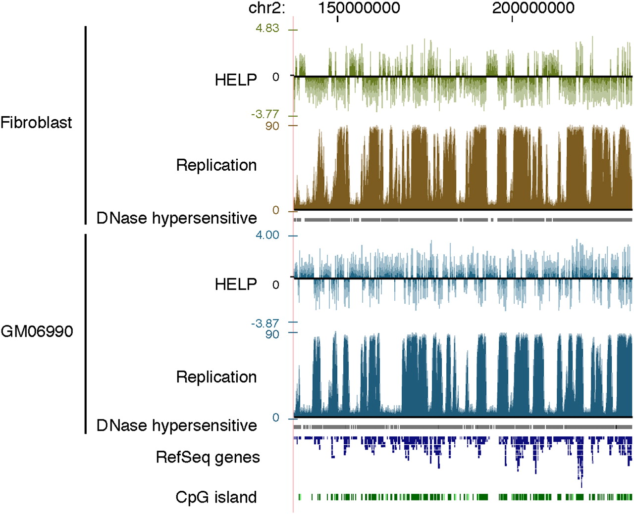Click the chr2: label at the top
tap(266, 8)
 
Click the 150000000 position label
tap(359, 8)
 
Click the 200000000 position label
tap(533, 8)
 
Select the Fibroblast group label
tap(36, 122)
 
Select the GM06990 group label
tap(37, 331)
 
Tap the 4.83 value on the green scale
tap(267, 28)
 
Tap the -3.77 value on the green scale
tap(265, 114)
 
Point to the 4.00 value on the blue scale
tap(267, 235)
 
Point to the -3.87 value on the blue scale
tap(265, 324)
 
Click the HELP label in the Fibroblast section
tap(236, 80)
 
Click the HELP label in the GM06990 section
tap(236, 284)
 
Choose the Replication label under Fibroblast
tap(216, 165)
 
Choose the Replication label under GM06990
tap(216, 376)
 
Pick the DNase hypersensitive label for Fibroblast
tap(177, 218)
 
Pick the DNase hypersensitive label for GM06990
tap(177, 425)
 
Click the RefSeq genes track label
tap(208, 457)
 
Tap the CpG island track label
tap(216, 497)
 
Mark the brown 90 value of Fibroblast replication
tap(272, 126)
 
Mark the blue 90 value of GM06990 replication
tap(272, 334)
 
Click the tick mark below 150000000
tap(338, 19)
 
